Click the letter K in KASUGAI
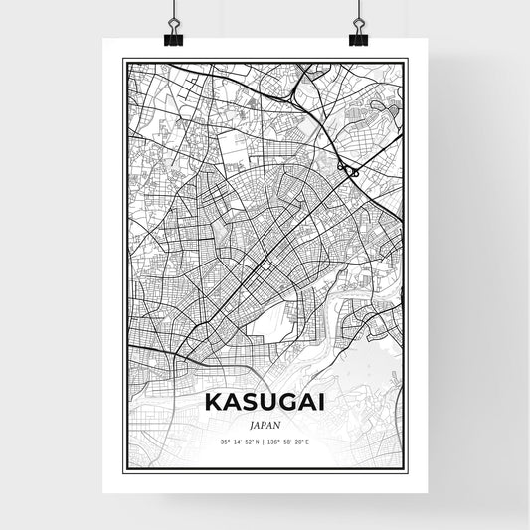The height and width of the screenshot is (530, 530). click(213, 403)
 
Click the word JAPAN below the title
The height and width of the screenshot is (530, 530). click(265, 423)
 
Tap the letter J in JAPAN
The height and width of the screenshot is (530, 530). click(254, 423)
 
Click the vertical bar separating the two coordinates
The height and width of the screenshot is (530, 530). click(265, 442)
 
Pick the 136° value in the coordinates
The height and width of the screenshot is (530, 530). click(275, 442)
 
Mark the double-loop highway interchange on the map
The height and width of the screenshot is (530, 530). click(349, 171)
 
